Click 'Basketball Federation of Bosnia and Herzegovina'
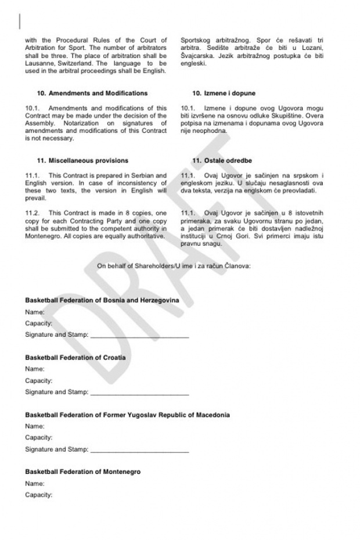coord(102,300)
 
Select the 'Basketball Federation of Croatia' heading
coord(75,357)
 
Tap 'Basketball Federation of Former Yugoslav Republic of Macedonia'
coord(127,415)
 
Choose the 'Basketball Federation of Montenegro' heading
coord(82,471)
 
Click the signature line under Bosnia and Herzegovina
coord(139,336)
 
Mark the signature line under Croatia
coord(139,393)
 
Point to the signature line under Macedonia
coord(139,451)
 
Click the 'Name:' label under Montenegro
coord(35,483)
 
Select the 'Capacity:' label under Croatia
coord(39,381)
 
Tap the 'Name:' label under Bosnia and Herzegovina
coord(35,312)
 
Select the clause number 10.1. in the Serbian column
coord(189,109)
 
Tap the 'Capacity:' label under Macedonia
coord(39,438)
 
